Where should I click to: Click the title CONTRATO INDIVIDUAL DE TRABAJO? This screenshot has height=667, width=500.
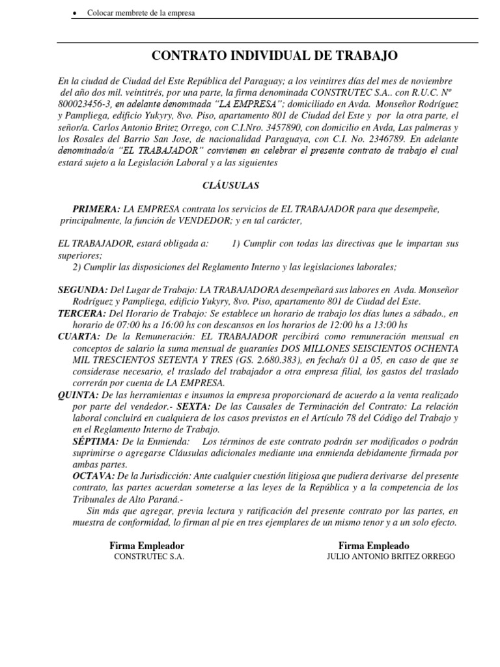274,56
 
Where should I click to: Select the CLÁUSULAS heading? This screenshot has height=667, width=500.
231,186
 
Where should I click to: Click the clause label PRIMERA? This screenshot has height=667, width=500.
96,209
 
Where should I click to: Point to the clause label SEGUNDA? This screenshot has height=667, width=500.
83,289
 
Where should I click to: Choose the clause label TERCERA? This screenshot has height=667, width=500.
82,313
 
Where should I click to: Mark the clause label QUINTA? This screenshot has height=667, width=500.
79,395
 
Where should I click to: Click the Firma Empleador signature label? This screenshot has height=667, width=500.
146,545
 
